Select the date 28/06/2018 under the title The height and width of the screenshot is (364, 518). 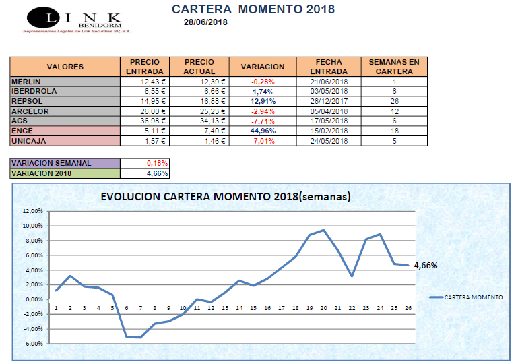click(x=205, y=22)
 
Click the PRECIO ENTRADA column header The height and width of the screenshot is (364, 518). click(x=144, y=66)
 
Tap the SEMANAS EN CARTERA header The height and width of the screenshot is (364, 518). click(x=394, y=66)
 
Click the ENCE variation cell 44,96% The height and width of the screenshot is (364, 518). click(x=263, y=131)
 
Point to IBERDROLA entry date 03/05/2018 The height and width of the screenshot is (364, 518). click(x=329, y=91)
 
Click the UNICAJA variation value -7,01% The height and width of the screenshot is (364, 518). click(x=263, y=141)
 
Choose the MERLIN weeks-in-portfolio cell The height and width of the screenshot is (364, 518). click(x=394, y=82)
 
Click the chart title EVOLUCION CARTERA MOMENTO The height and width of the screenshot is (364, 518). click(x=226, y=197)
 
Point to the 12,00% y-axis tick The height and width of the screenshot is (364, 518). click(x=32, y=210)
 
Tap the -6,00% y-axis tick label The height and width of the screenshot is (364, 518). click(x=32, y=344)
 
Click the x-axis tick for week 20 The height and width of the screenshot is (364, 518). click(x=324, y=308)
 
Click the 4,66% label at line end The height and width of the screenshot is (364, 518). click(x=425, y=266)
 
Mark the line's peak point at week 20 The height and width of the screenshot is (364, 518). click(x=324, y=230)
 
